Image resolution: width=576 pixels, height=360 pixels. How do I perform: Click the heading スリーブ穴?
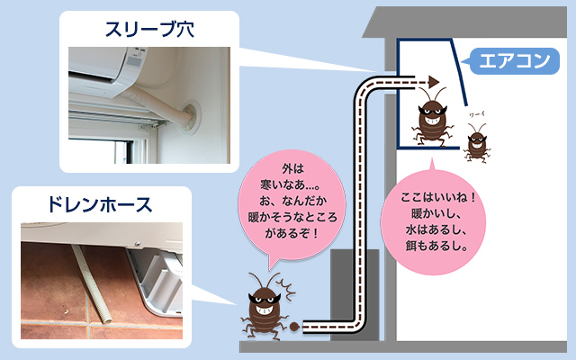(x=149, y=30)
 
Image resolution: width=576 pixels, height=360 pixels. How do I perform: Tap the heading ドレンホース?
(x=100, y=204)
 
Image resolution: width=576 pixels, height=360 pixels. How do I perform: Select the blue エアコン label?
(x=515, y=60)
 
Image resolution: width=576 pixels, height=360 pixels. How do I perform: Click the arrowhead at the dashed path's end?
(x=434, y=82)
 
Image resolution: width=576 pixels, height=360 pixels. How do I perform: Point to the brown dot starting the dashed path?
(x=294, y=326)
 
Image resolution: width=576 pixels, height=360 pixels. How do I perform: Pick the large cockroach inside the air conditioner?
(x=432, y=117)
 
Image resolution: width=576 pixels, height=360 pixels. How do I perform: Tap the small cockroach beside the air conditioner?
(x=477, y=142)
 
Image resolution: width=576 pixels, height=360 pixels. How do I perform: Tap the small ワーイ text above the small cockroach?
(x=477, y=114)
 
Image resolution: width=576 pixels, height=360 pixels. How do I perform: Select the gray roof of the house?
(x=464, y=22)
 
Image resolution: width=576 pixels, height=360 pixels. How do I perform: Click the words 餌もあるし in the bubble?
(x=436, y=246)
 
